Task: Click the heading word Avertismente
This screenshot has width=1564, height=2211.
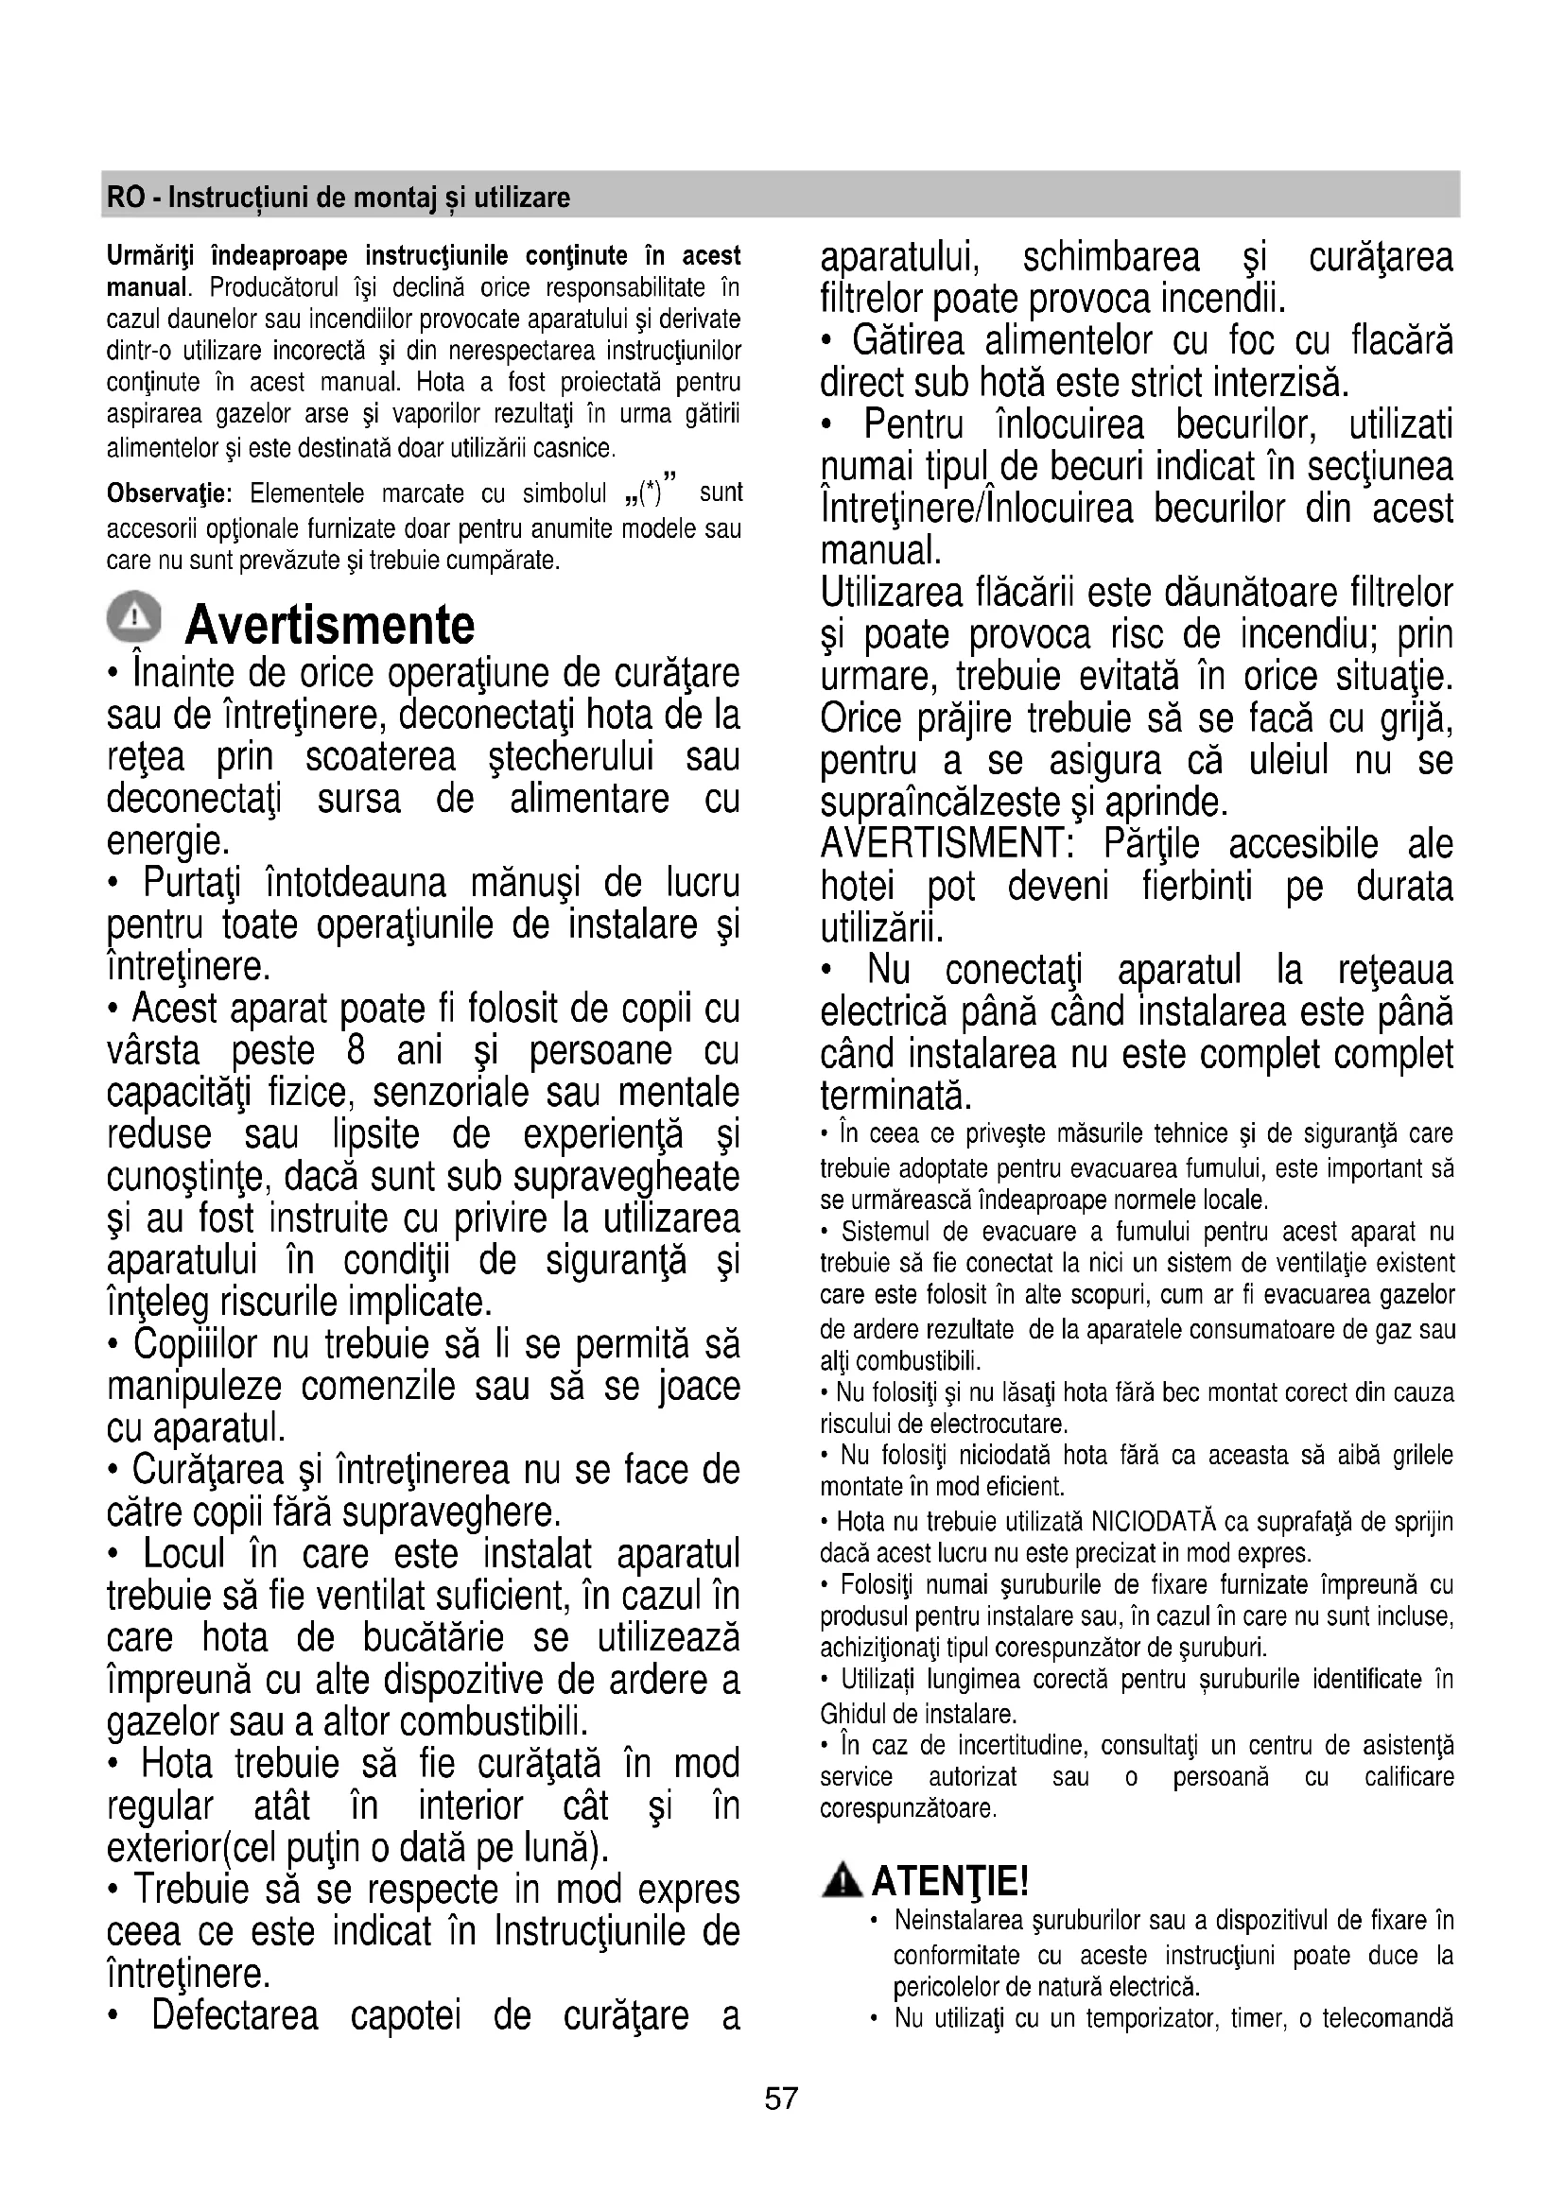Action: click(329, 625)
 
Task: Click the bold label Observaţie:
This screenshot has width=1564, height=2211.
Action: click(168, 494)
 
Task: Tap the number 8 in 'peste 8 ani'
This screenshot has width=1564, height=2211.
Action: click(356, 1049)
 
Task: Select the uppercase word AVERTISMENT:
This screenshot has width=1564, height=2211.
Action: click(947, 844)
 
